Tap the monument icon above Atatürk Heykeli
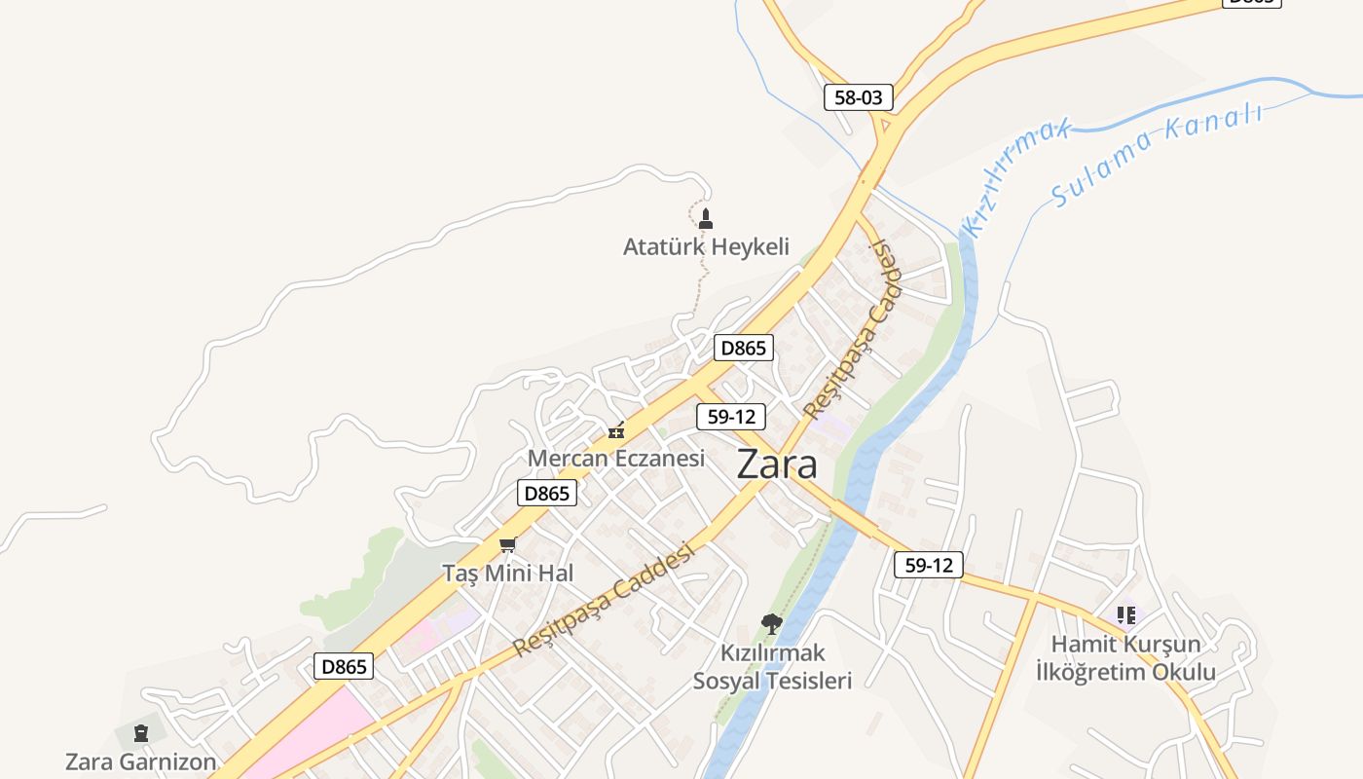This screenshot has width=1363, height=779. (706, 218)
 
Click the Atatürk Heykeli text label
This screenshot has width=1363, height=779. (706, 246)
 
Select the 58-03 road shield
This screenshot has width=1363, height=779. (859, 96)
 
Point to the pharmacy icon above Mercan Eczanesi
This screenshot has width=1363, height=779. (615, 430)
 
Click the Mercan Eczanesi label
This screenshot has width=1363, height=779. (615, 458)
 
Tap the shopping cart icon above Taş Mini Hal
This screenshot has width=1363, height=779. (507, 544)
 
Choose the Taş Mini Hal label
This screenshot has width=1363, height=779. (508, 573)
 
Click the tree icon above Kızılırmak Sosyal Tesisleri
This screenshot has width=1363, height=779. (771, 623)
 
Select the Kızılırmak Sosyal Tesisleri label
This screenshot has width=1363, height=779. (772, 666)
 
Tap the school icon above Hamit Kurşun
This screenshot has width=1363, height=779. (1125, 614)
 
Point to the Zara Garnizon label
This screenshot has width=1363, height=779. (141, 760)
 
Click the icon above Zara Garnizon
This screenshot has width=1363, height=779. (141, 733)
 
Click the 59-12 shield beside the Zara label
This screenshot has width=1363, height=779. (731, 417)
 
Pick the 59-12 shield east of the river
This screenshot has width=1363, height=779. (928, 564)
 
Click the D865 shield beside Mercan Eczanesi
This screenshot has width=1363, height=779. (546, 493)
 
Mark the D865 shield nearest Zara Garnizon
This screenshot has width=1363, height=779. (344, 666)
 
